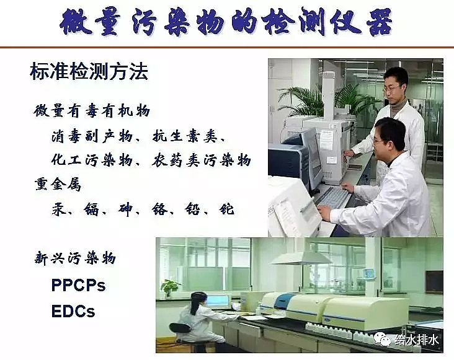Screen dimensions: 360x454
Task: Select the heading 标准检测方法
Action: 89,72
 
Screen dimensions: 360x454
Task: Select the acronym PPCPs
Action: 78,285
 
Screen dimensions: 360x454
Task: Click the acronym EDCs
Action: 73,311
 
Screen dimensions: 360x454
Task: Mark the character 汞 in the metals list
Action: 59,209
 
